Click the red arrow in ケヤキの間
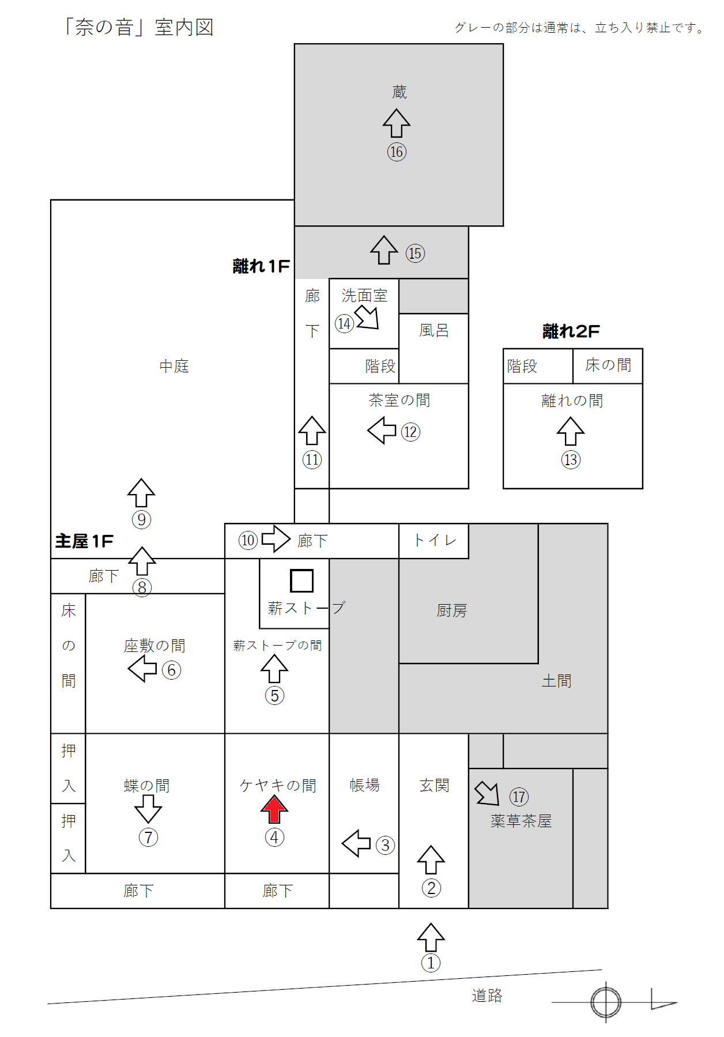(x=274, y=809)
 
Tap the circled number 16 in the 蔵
(x=397, y=152)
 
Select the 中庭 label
(x=174, y=366)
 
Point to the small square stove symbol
(x=301, y=580)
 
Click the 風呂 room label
(x=433, y=330)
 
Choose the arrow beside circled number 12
(x=382, y=430)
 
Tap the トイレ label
(x=435, y=540)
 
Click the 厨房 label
(x=451, y=610)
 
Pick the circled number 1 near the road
(x=431, y=963)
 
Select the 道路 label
(x=487, y=995)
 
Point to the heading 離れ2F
(x=571, y=331)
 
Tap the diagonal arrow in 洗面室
(x=367, y=317)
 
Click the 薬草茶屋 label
(x=521, y=821)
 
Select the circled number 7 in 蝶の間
(x=148, y=837)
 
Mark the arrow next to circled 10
(x=276, y=539)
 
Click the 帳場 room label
(x=365, y=785)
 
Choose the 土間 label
(x=556, y=681)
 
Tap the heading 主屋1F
(x=84, y=541)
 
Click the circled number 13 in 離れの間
(x=571, y=459)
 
